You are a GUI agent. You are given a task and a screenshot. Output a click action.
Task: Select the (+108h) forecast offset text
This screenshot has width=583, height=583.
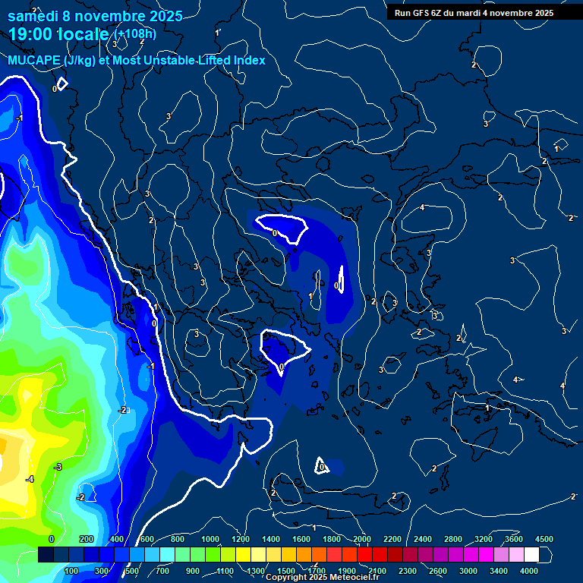pyautogui.click(x=136, y=34)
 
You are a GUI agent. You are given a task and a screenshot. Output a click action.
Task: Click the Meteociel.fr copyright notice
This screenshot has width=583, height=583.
pyautogui.click(x=323, y=578)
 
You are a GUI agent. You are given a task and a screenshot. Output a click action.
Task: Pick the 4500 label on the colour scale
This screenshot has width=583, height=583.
pyautogui.click(x=544, y=539)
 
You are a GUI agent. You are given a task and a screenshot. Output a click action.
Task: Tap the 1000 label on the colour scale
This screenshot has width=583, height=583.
pyautogui.click(x=210, y=539)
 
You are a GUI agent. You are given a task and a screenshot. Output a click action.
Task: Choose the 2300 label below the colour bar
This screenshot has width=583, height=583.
pyautogui.click(x=408, y=571)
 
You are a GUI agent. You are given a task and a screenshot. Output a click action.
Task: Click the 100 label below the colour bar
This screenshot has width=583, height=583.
pyautogui.click(x=72, y=571)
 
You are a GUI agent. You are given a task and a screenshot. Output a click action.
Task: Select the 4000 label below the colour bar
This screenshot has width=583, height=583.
pyautogui.click(x=529, y=571)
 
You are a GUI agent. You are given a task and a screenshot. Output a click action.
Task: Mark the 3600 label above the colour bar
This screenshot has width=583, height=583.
pyautogui.click(x=514, y=539)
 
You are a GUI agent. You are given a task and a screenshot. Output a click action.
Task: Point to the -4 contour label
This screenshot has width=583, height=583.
pyautogui.click(x=30, y=479)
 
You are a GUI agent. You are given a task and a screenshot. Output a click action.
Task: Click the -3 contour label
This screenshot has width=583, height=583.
pyautogui.click(x=58, y=466)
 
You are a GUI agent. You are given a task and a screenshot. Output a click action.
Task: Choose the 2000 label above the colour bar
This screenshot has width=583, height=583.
pyautogui.click(x=362, y=539)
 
